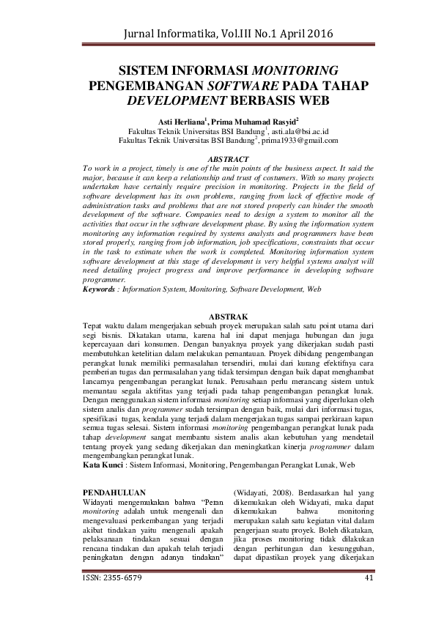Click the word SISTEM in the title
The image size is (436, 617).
(x=146, y=71)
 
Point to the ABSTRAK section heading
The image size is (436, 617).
(x=218, y=316)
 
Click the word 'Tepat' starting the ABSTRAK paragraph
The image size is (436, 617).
(x=92, y=325)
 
